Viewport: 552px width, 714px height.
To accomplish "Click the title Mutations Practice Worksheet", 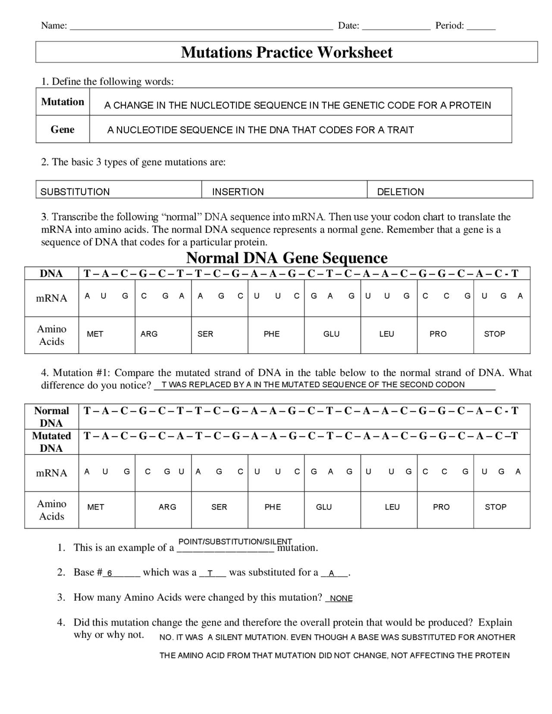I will pyautogui.click(x=286, y=52).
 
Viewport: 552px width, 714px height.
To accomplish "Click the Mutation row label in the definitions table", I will pyautogui.click(x=63, y=102).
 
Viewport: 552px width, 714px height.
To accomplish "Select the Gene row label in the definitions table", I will pyautogui.click(x=63, y=129).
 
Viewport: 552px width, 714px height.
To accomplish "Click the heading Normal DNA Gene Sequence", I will pyautogui.click(x=286, y=258).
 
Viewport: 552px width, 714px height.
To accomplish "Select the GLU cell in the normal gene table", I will pyautogui.click(x=331, y=334).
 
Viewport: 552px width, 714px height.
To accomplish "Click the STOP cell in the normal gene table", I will pyautogui.click(x=494, y=334).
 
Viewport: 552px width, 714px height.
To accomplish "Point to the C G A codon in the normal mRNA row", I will pyautogui.click(x=163, y=296).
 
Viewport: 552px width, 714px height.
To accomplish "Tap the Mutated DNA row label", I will pyautogui.click(x=51, y=442).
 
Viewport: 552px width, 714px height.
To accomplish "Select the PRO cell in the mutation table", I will pyautogui.click(x=441, y=507).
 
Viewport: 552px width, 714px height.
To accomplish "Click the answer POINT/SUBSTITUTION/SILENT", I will pyautogui.click(x=235, y=542).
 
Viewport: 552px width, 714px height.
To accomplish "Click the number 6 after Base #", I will pyautogui.click(x=110, y=573).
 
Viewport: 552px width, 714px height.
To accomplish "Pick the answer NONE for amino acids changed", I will pyautogui.click(x=341, y=598).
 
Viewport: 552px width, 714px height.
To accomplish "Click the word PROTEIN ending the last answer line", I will pyautogui.click(x=492, y=656).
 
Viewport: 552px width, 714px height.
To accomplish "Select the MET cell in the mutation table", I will pyautogui.click(x=95, y=507).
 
